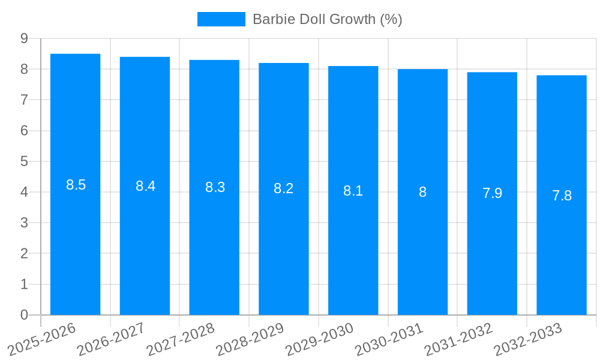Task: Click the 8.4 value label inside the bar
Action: point(145,186)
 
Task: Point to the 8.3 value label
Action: point(215,187)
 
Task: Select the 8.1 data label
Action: point(353,191)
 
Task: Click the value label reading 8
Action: point(422,192)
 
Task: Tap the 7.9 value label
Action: point(492,193)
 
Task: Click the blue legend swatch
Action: point(221,19)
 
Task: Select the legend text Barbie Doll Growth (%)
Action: point(327,19)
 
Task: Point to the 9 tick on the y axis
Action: point(24,38)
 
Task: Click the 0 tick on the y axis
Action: point(24,315)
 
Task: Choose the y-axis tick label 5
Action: point(24,161)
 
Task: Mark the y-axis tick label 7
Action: point(24,100)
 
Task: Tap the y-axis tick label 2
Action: point(24,254)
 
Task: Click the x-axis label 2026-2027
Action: point(111,339)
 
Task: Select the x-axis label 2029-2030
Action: point(319,339)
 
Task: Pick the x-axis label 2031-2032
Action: point(458,339)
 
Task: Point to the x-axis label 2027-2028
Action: point(181,339)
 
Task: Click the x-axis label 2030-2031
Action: point(389,339)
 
